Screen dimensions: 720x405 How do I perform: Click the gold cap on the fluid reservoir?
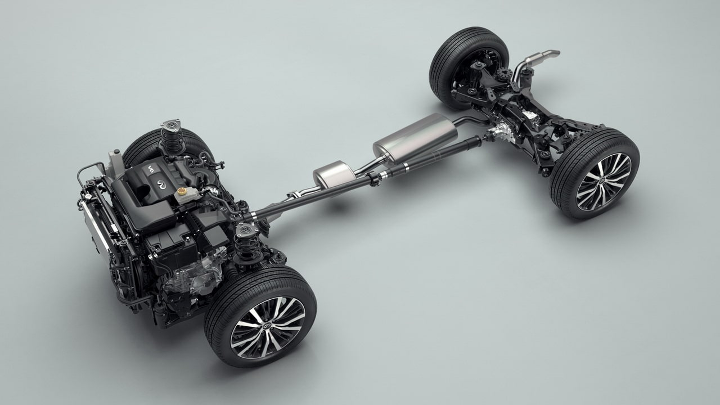[x=182, y=191]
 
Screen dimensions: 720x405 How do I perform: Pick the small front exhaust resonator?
[x=335, y=174]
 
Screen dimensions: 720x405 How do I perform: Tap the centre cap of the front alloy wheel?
[x=267, y=327]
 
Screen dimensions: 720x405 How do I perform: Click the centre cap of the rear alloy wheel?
[x=602, y=182]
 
